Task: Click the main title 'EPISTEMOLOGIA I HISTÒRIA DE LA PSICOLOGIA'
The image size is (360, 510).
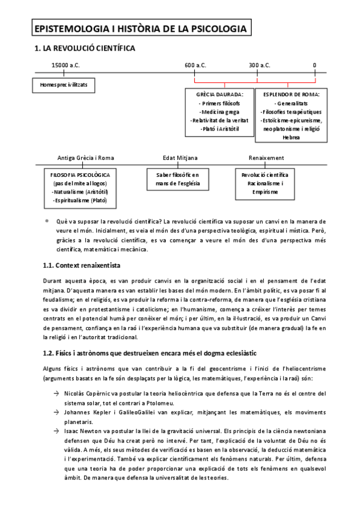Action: pos(140,28)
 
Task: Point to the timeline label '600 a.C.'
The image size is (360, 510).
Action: pos(195,65)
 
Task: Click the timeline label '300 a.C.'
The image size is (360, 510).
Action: pos(259,65)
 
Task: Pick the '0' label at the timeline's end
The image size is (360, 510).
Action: pos(314,65)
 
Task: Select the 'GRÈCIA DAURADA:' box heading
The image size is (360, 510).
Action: pos(219,94)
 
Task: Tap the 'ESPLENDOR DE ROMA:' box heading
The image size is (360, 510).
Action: pos(291,94)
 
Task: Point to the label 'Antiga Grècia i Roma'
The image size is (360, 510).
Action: pos(85,158)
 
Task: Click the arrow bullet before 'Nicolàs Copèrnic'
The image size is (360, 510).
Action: pos(55,393)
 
